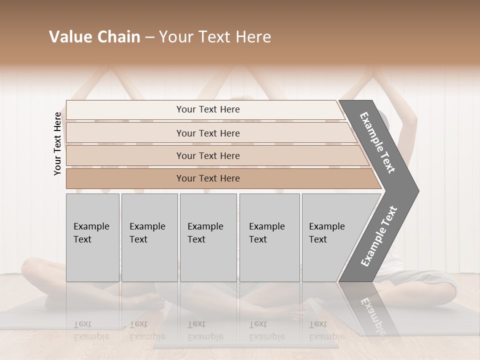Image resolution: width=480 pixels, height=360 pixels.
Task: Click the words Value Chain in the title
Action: coord(94,37)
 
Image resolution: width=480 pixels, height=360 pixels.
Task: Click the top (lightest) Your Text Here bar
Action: coord(207,109)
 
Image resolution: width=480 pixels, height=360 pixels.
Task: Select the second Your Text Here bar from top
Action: coord(207,133)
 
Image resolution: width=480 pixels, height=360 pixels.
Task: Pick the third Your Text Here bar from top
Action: coord(207,155)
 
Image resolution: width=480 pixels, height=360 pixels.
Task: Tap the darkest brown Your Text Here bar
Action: coord(207,178)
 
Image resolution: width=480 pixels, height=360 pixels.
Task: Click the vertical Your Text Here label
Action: coord(57,143)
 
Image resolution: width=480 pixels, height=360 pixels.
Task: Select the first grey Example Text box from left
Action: coord(92,237)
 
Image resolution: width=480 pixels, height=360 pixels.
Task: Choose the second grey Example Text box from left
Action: coord(149,237)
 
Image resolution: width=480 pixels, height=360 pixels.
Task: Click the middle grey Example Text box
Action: coord(208,237)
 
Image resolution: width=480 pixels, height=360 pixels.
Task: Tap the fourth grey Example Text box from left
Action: coord(269,237)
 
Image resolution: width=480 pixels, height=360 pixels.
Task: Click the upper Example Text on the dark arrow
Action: coord(377,142)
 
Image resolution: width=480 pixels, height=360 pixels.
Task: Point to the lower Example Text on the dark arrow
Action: coord(379,236)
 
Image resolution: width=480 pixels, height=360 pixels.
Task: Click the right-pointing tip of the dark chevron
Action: coord(416,190)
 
